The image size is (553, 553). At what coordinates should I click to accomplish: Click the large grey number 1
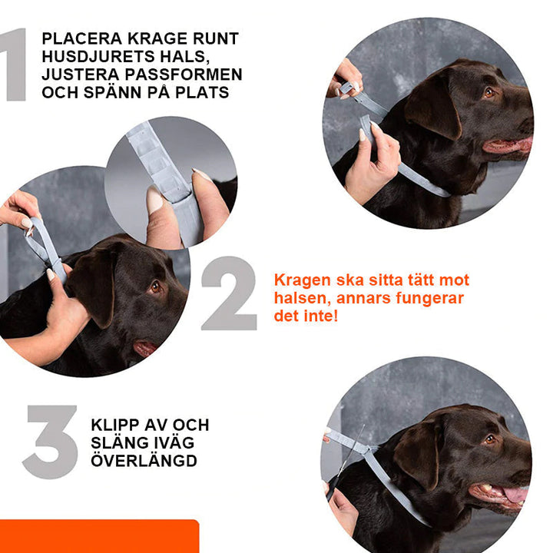point(15,65)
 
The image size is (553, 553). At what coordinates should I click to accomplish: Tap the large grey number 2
point(229,293)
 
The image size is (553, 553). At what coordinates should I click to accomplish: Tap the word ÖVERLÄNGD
point(144,461)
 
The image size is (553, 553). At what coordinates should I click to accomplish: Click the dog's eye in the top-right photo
point(489,92)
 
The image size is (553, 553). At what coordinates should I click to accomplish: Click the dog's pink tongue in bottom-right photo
point(513,493)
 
